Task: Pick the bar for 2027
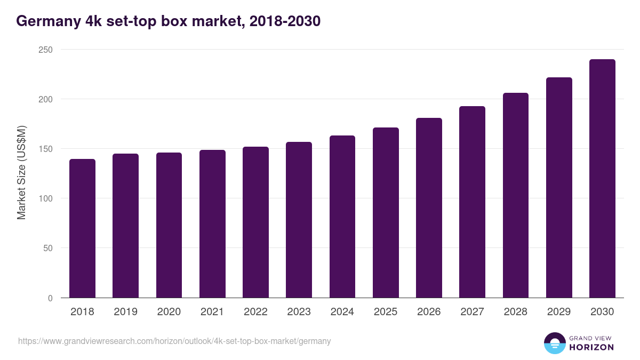[472, 202]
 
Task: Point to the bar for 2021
[212, 224]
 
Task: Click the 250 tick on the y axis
[46, 50]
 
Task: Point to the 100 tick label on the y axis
[46, 198]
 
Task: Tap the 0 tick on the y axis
[50, 298]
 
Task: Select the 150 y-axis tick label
[46, 149]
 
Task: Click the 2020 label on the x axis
[169, 312]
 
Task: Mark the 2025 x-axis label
[386, 312]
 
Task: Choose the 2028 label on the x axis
[516, 312]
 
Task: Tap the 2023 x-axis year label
[299, 312]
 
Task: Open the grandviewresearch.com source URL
[174, 341]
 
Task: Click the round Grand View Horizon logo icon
[554, 343]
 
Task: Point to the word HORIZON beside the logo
[591, 347]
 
